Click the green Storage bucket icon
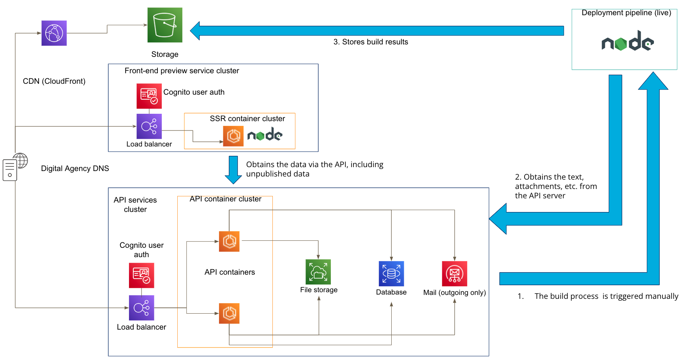pyautogui.click(x=164, y=25)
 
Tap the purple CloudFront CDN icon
pyautogui.click(x=54, y=33)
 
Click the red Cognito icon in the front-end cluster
pyautogui.click(x=149, y=96)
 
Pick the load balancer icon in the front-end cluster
pyautogui.click(x=149, y=126)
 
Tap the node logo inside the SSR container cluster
pyautogui.click(x=265, y=135)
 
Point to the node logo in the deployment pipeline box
pyautogui.click(x=627, y=41)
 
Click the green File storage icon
pyautogui.click(x=318, y=272)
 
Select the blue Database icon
pyautogui.click(x=391, y=274)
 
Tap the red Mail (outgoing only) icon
pyautogui.click(x=454, y=274)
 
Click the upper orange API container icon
pyautogui.click(x=229, y=241)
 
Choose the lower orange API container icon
pyautogui.click(x=229, y=313)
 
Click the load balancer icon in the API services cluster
pyautogui.click(x=141, y=308)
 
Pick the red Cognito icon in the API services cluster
pyautogui.click(x=141, y=275)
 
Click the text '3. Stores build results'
pyautogui.click(x=371, y=42)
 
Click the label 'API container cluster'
pyautogui.click(x=225, y=199)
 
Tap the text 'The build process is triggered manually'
pyautogui.click(x=606, y=296)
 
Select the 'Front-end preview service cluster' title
pyautogui.click(x=182, y=71)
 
